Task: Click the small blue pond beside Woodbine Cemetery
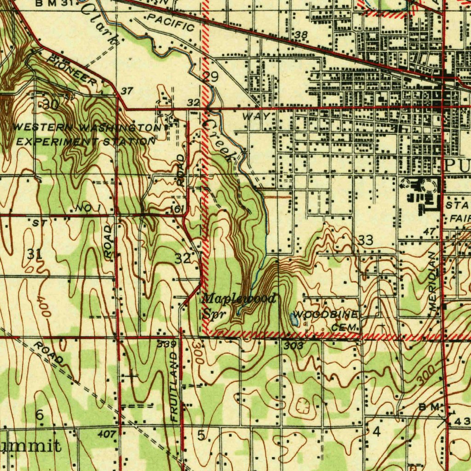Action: click(x=294, y=319)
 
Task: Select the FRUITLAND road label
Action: click(x=174, y=387)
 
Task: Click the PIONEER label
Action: click(x=72, y=70)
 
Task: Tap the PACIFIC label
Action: click(x=172, y=23)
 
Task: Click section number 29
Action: click(x=210, y=77)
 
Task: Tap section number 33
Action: click(x=366, y=240)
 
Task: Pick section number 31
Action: click(x=35, y=253)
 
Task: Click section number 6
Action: click(x=40, y=415)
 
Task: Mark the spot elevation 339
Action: click(x=166, y=345)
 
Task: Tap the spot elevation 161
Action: click(x=177, y=209)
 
